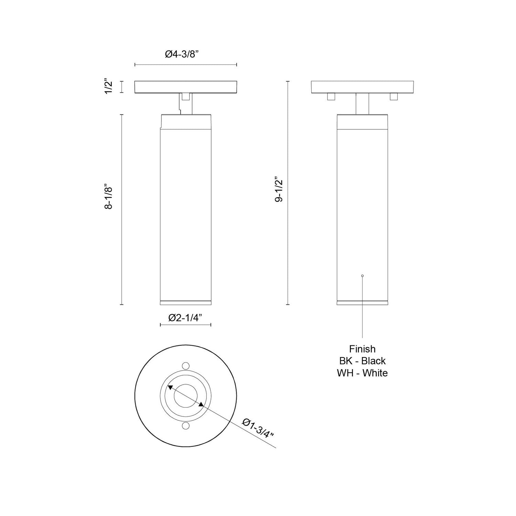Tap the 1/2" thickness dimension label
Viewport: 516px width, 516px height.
point(109,87)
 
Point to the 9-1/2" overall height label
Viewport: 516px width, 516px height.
point(279,190)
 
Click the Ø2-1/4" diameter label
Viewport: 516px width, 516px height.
point(185,318)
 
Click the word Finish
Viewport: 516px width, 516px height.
point(362,349)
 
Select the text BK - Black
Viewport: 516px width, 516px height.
point(362,361)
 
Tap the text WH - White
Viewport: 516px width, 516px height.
point(362,373)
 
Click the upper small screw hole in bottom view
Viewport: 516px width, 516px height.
point(185,365)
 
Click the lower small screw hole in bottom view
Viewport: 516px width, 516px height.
point(185,426)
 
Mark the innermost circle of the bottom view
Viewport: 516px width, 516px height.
point(185,396)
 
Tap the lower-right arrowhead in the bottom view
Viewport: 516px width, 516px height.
point(201,404)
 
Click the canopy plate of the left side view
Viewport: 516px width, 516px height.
point(185,87)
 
